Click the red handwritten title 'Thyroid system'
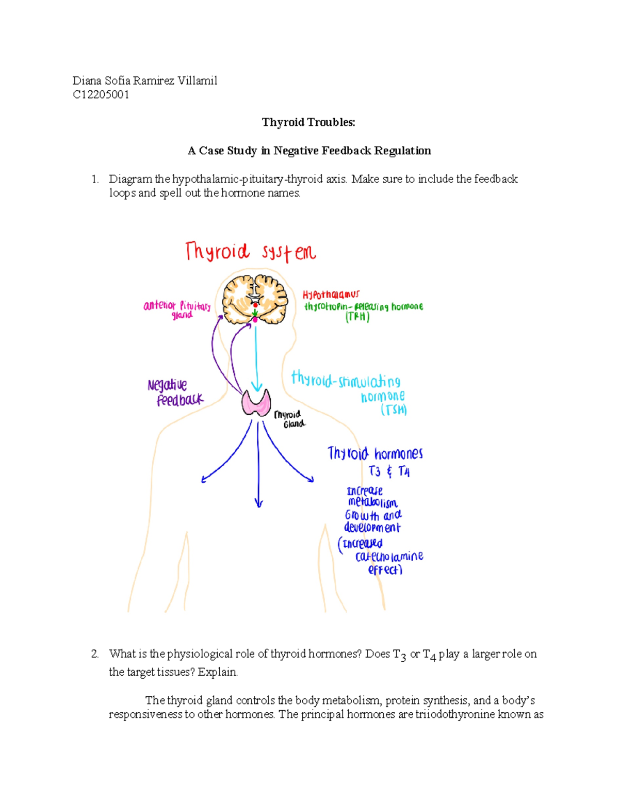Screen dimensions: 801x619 [250, 252]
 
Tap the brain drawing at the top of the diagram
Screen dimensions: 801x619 [255, 299]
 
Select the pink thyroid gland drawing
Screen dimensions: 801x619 [256, 402]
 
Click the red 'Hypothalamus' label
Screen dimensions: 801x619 [331, 295]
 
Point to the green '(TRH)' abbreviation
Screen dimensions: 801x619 [357, 317]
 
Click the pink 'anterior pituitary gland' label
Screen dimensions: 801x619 [177, 309]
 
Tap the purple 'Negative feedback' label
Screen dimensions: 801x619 [174, 393]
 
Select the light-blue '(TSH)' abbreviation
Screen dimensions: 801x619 [394, 410]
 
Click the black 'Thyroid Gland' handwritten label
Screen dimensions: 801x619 [289, 419]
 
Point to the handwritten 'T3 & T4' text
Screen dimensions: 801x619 [389, 471]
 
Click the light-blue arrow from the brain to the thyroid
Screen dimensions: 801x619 [256, 356]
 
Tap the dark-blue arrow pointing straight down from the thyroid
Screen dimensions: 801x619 [258, 464]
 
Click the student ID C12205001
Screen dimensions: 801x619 [101, 94]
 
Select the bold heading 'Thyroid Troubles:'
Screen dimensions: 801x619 [308, 122]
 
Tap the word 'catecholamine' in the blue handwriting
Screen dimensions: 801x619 [389, 557]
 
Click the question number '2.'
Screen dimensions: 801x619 [95, 654]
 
